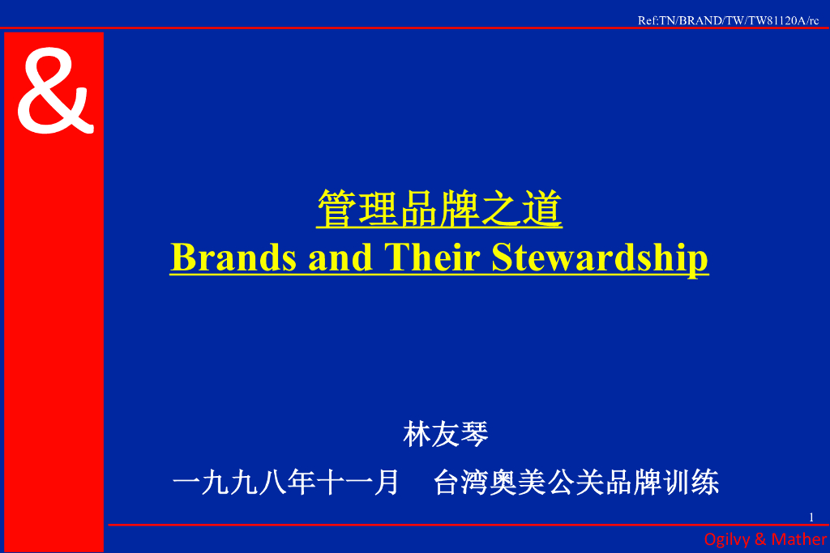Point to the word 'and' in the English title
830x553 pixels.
click(340, 257)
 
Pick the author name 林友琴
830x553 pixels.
click(446, 435)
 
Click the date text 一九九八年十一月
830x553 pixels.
click(286, 483)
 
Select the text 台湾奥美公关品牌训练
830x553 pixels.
click(576, 483)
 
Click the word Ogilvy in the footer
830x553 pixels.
click(727, 539)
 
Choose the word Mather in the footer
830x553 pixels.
click(799, 539)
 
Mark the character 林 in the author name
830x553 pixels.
click(417, 435)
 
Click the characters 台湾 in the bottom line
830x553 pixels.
click(462, 483)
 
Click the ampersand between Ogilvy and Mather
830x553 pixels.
click(760, 539)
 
